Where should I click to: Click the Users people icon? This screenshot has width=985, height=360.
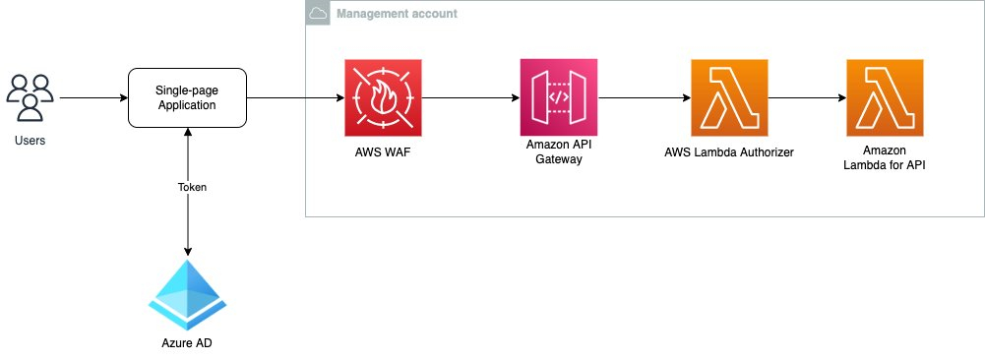30,97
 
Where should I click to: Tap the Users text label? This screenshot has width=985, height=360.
30,141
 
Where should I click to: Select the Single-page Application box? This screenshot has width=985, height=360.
186,97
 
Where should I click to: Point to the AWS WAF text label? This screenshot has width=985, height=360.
383,152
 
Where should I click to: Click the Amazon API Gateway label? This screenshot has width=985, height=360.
559,151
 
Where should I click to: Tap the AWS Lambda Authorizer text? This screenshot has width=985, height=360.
729,152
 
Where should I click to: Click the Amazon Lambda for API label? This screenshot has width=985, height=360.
885,157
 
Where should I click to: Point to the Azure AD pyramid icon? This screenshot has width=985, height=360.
187,293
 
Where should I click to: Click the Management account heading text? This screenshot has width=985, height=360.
397,14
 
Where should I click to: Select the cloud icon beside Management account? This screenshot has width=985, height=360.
318,14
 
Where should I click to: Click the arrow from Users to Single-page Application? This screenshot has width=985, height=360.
93,97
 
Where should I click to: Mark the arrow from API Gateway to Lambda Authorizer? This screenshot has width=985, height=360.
644,97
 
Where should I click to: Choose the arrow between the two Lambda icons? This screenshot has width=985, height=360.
807,97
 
